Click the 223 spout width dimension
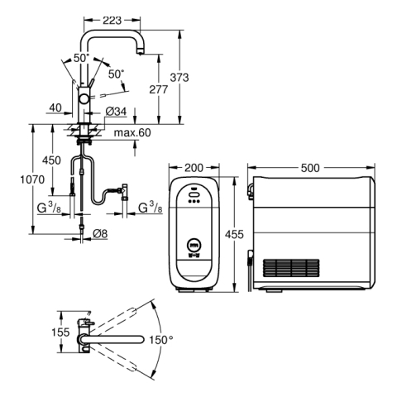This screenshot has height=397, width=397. (x=112, y=20)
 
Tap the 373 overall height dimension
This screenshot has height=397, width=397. (x=179, y=78)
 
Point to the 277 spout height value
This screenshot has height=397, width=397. (x=159, y=89)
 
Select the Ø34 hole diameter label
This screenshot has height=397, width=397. (x=116, y=112)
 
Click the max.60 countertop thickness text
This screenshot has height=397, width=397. (x=132, y=132)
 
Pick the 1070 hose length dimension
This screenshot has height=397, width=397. (x=32, y=179)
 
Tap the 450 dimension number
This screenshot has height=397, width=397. (x=51, y=160)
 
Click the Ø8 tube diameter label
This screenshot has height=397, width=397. (x=100, y=234)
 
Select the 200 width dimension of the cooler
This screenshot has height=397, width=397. (x=194, y=168)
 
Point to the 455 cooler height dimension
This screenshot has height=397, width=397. (x=234, y=234)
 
